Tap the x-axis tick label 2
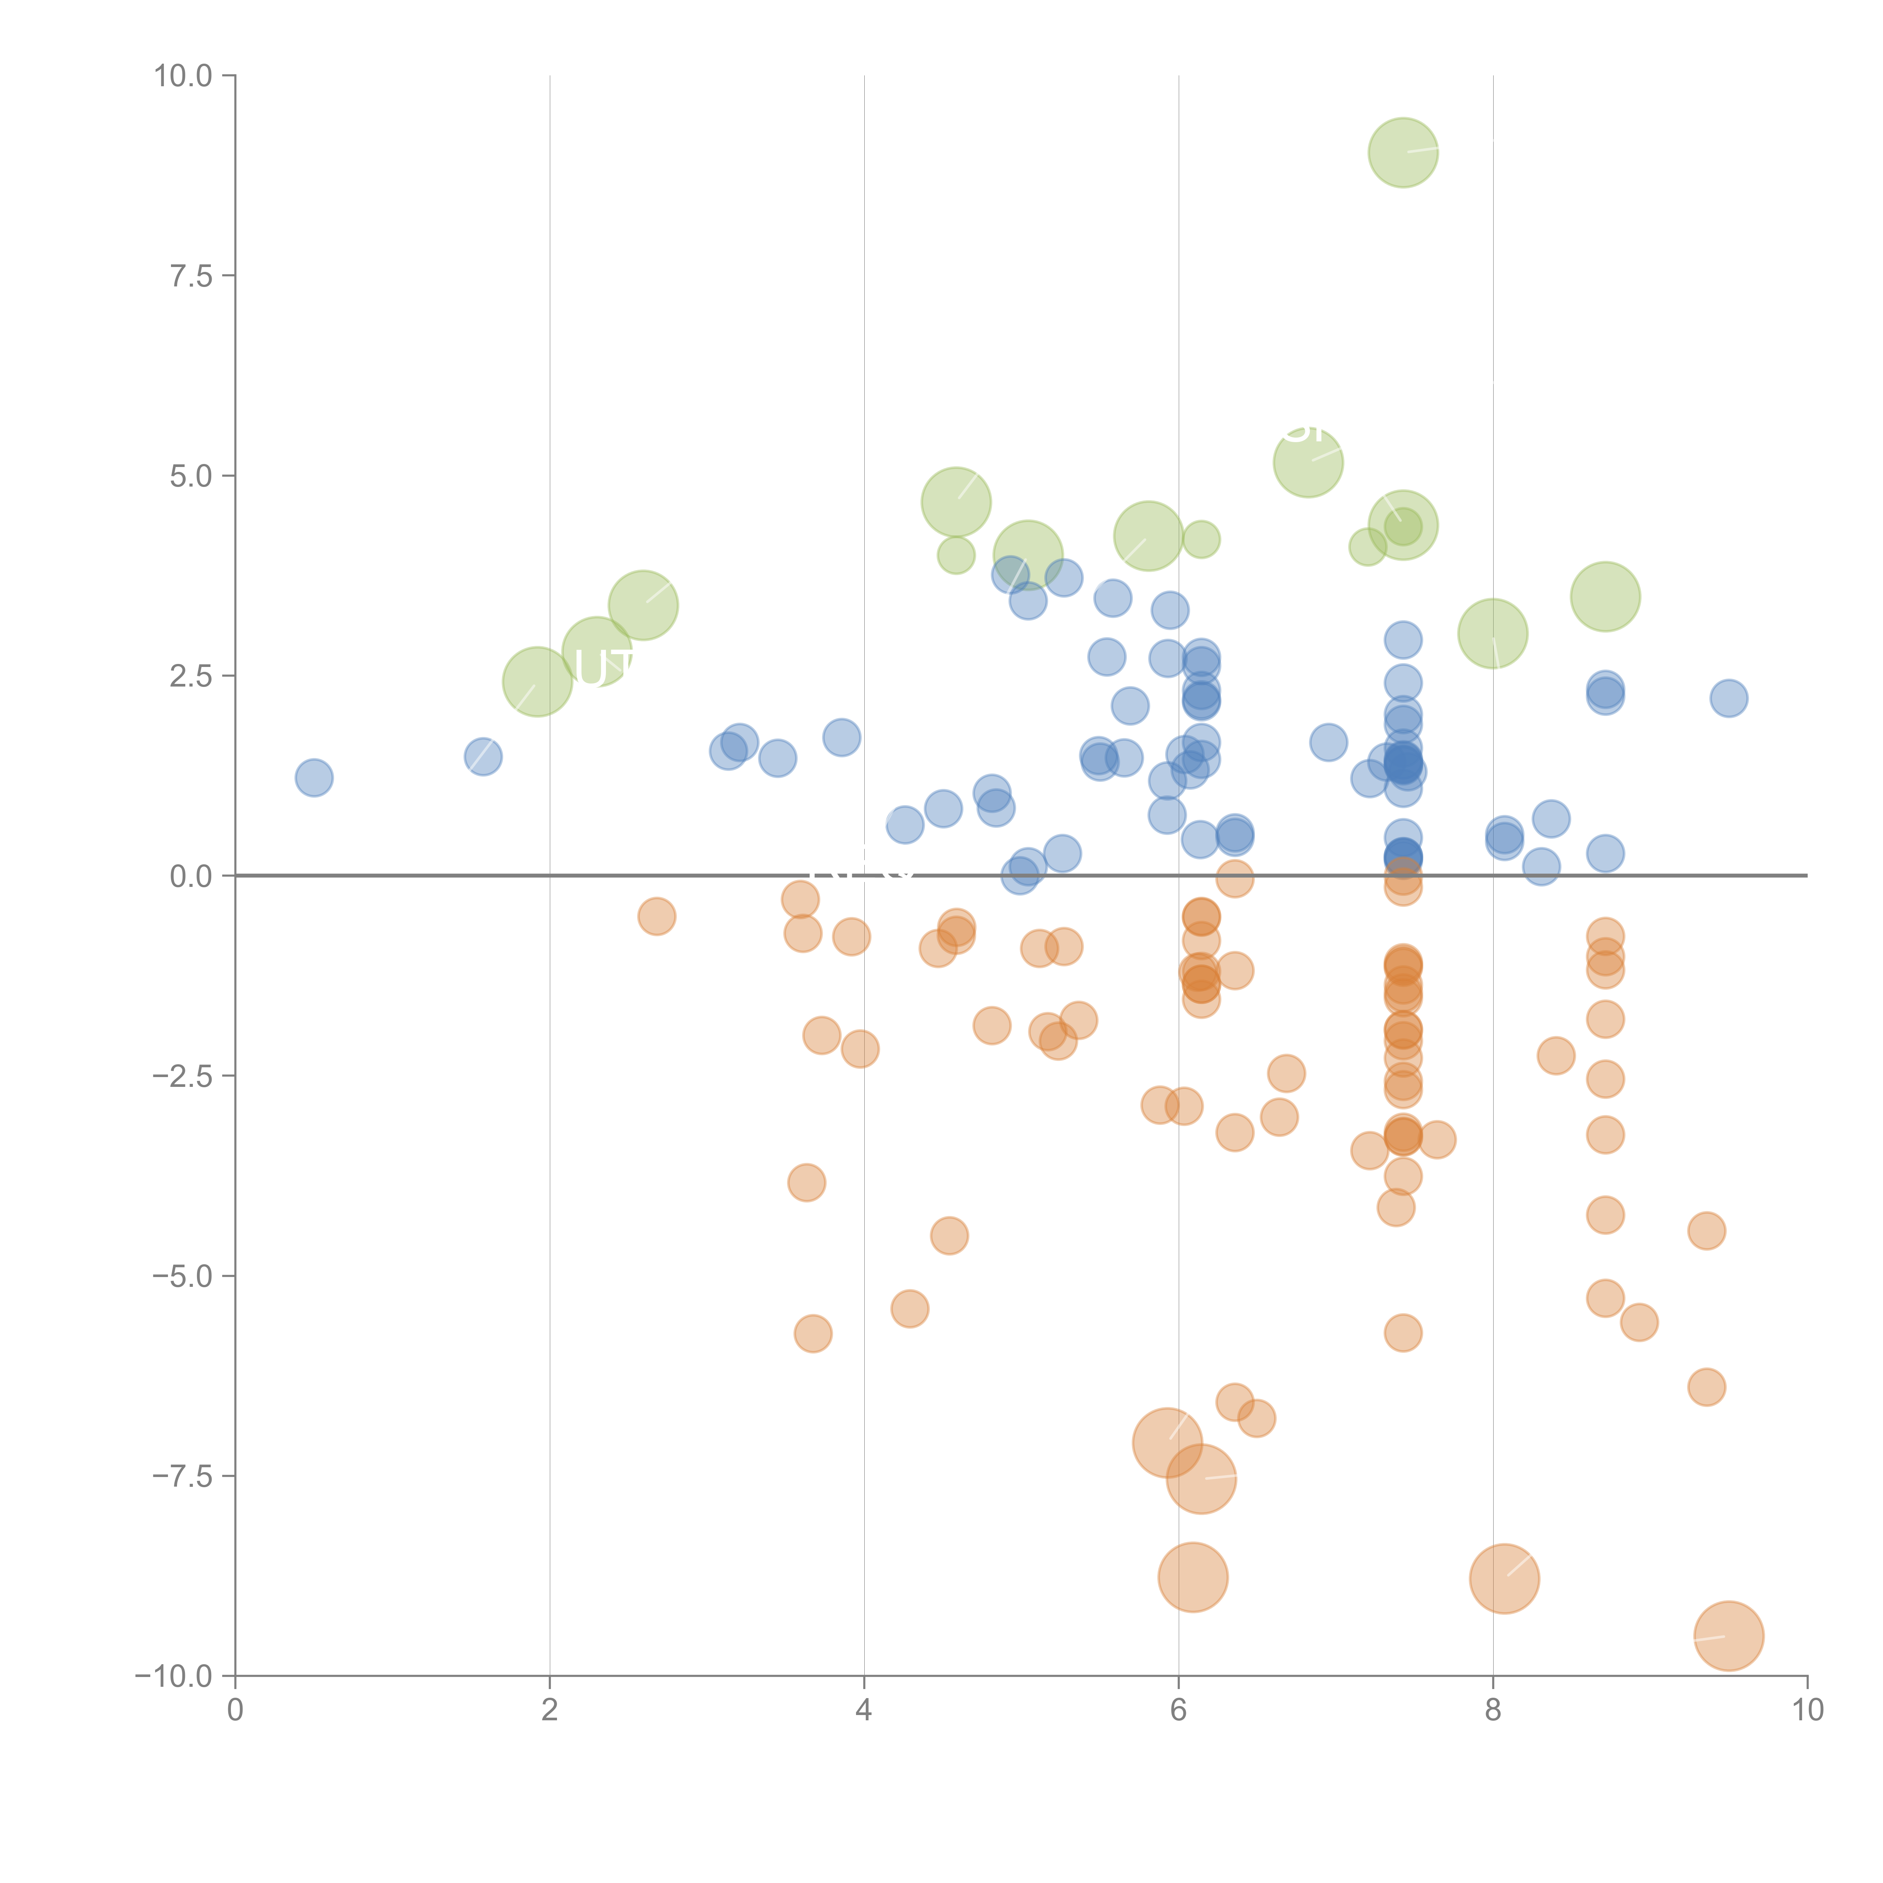pos(550,1711)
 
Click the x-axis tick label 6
pos(1178,1711)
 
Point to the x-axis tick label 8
pos(1493,1711)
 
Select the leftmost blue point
pos(314,778)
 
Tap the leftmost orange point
pos(657,916)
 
